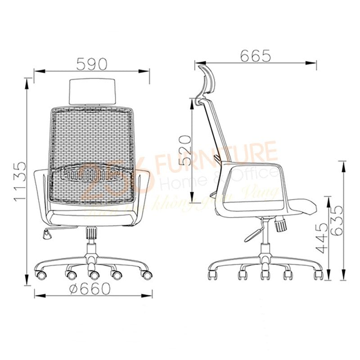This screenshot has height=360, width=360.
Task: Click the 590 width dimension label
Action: click(92, 64)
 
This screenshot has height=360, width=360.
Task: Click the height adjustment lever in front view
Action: click(49, 233)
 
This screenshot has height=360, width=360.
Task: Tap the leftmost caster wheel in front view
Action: click(41, 272)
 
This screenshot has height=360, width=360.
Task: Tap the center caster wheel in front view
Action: click(93, 273)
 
